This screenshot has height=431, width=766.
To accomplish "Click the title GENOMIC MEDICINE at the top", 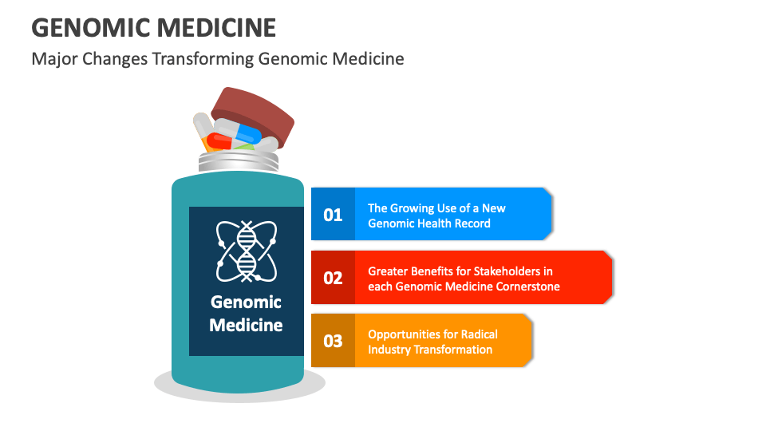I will (x=154, y=28).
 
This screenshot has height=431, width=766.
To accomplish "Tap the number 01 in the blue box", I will (x=333, y=215).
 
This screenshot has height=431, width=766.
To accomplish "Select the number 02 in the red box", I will (x=333, y=278).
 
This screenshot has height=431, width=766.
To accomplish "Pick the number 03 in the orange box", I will (x=333, y=341).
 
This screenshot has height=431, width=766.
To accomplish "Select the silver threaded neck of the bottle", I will (x=239, y=162).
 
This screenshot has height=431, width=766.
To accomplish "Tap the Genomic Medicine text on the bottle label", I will (x=246, y=314).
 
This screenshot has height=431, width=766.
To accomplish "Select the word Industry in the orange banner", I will (x=389, y=350).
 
